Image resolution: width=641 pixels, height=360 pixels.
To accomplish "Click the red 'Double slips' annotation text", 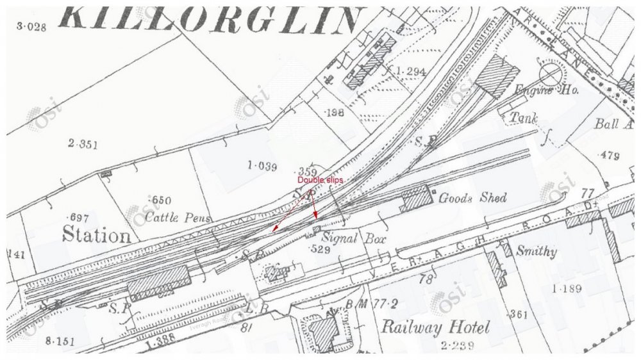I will [x=320, y=181].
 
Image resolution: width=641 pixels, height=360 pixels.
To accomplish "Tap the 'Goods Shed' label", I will [x=472, y=198].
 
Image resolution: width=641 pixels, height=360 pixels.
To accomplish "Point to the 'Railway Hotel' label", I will [x=435, y=328].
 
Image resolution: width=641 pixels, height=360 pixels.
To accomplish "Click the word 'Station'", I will [x=96, y=234].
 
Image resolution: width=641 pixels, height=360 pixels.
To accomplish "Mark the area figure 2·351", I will [x=83, y=144].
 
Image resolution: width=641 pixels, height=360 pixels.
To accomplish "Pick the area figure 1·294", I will [x=411, y=70].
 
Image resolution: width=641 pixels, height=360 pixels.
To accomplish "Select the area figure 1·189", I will [x=565, y=289].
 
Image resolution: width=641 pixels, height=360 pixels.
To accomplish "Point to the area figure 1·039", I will [x=262, y=167].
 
